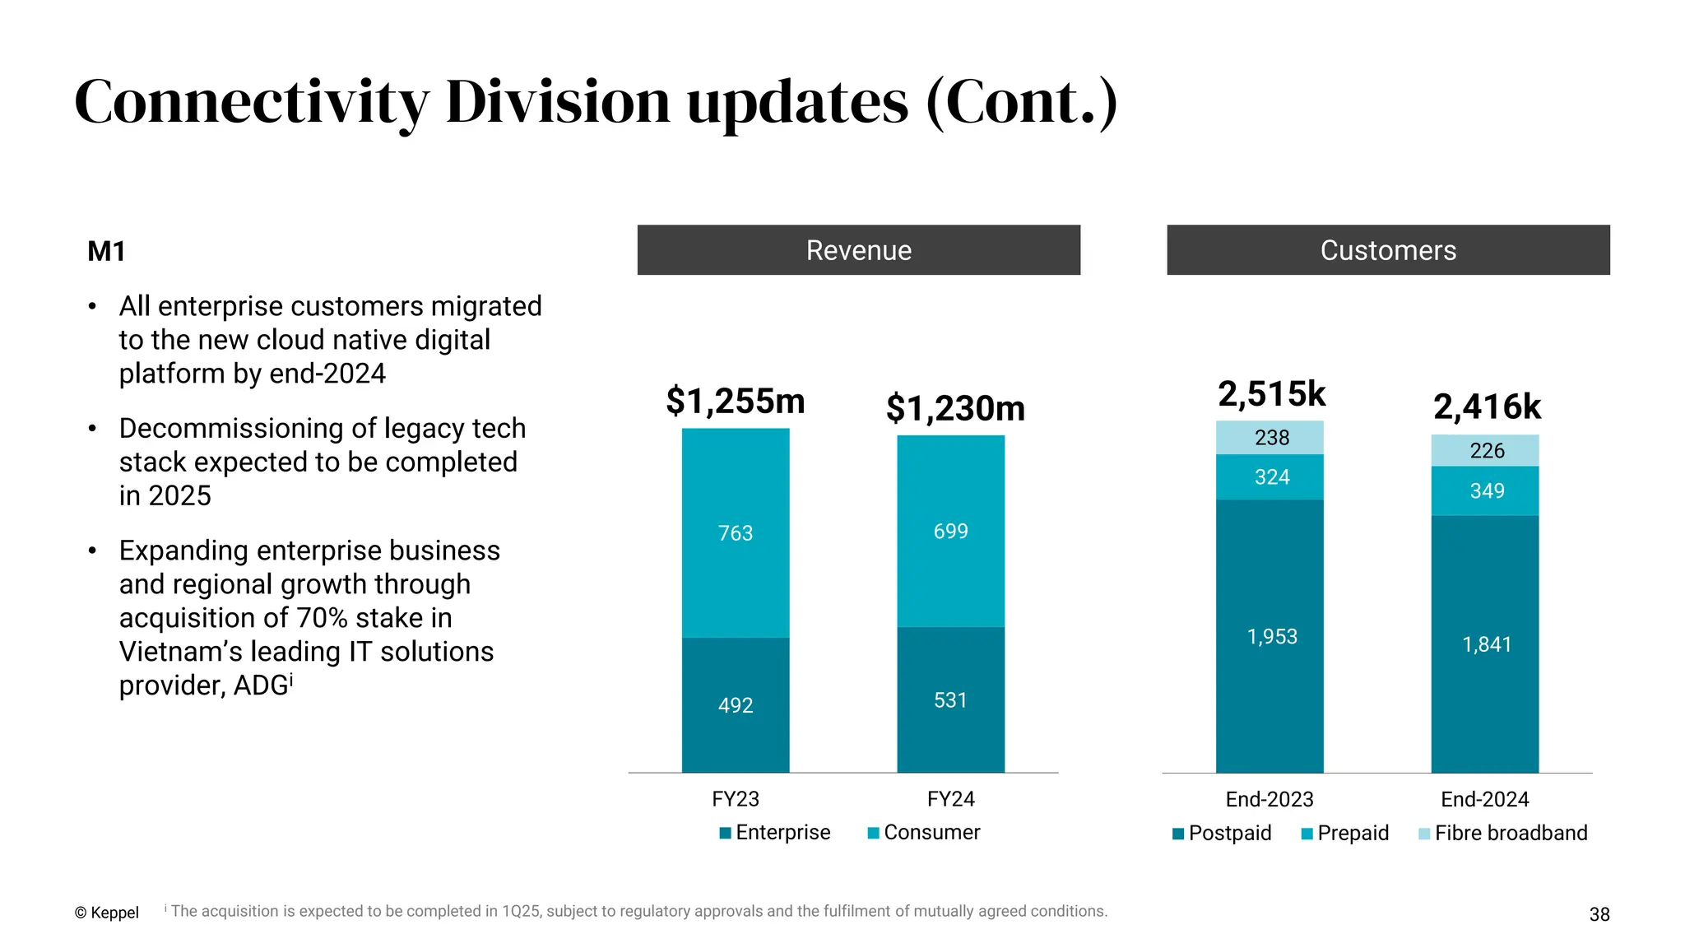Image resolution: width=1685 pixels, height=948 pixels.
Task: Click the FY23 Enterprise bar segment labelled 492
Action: pos(735,704)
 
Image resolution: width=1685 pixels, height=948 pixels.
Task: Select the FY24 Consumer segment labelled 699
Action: pos(950,532)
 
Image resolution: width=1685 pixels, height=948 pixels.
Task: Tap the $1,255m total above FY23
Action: pos(735,401)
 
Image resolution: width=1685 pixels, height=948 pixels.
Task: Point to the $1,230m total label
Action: pos(954,408)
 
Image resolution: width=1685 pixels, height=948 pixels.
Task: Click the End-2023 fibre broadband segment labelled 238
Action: pos(1270,438)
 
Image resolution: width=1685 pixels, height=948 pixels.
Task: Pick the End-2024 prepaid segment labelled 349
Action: pos(1486,491)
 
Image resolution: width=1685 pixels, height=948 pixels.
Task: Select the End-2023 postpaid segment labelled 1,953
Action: pos(1270,636)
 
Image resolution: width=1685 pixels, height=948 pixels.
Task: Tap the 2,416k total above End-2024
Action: pos(1486,407)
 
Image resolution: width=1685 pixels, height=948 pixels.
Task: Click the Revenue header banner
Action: pos(858,250)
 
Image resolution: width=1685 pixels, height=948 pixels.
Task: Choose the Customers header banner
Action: pos(1388,250)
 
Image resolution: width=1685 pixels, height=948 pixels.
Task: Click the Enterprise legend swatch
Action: pos(725,833)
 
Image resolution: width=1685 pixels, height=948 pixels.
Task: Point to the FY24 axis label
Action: pos(950,799)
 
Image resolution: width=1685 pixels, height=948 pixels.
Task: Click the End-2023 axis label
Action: pos(1269,799)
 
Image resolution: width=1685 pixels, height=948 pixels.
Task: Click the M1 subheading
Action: pos(106,251)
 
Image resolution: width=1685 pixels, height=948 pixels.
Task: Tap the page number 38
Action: pos(1599,914)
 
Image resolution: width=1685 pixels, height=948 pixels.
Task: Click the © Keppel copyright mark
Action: pos(106,913)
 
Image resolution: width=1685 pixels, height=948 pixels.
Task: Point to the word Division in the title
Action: pos(558,102)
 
